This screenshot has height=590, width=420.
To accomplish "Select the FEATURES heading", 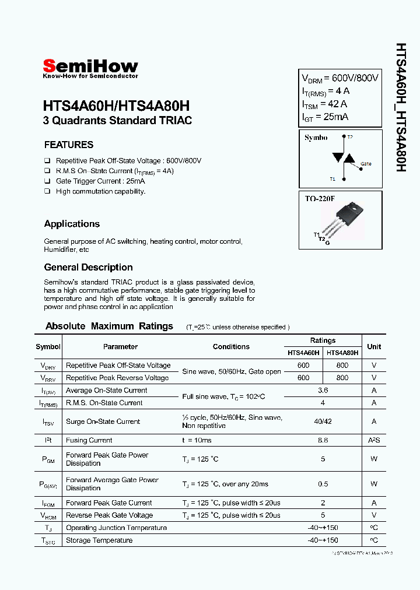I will [69, 145].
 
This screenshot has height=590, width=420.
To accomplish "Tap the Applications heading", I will [72, 224].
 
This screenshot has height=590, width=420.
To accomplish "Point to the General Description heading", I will [88, 268].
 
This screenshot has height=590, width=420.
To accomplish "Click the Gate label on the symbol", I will [366, 164].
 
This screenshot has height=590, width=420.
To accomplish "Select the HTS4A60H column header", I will [303, 353].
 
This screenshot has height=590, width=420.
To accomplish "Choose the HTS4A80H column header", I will [342, 353].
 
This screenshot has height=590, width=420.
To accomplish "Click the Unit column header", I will [374, 346].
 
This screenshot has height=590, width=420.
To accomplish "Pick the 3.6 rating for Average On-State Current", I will [323, 391].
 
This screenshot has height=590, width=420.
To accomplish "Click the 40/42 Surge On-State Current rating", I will [323, 422].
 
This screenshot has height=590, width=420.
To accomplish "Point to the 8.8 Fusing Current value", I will [323, 441].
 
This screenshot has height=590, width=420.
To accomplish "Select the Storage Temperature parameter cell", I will [99, 540].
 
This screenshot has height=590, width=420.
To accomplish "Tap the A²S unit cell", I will [374, 441].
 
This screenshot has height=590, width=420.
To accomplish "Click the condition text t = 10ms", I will [197, 441].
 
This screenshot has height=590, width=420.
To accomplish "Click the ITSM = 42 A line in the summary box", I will [324, 104].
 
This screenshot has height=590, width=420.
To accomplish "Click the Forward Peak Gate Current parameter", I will [108, 503].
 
